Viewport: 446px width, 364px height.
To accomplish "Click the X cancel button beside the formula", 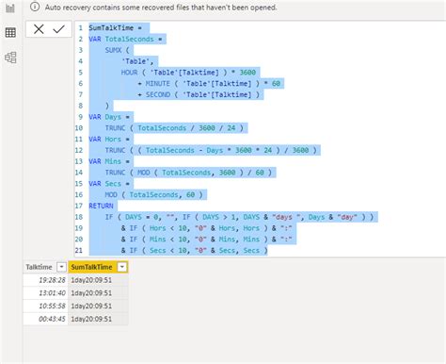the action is click(x=39, y=30).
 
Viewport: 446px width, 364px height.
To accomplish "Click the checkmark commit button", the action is click(x=58, y=30).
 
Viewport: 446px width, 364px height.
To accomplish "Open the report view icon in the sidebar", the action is click(x=10, y=8).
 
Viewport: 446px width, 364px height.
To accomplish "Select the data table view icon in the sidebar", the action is click(x=10, y=32).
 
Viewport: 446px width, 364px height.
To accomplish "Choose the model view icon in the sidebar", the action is click(x=10, y=57).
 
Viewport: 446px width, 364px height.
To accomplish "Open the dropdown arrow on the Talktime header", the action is click(x=61, y=267).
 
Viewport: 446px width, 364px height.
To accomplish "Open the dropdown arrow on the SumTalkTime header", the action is click(x=122, y=267).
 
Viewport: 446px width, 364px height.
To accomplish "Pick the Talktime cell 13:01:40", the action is click(x=48, y=295).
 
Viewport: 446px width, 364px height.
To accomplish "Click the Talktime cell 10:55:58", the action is click(x=48, y=308).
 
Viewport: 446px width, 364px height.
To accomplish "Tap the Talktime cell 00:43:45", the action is click(x=48, y=322).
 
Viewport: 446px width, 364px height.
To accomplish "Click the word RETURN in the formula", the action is click(x=102, y=205).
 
